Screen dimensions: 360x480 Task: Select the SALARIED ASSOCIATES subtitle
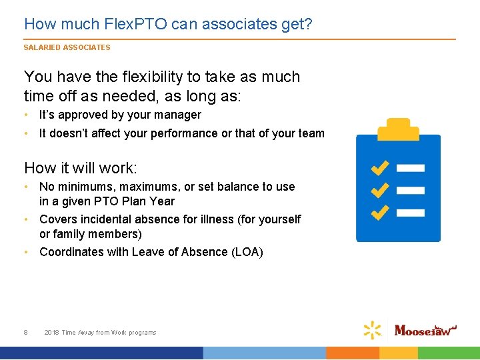click(x=67, y=47)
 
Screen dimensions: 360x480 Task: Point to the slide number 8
click(x=25, y=332)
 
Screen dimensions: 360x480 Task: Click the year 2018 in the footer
click(x=51, y=332)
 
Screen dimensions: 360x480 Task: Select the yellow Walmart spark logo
click(x=373, y=330)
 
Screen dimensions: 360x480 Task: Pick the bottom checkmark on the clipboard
click(x=380, y=212)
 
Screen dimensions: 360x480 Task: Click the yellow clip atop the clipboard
click(x=399, y=127)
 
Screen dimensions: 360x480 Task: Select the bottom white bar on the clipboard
click(x=415, y=213)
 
